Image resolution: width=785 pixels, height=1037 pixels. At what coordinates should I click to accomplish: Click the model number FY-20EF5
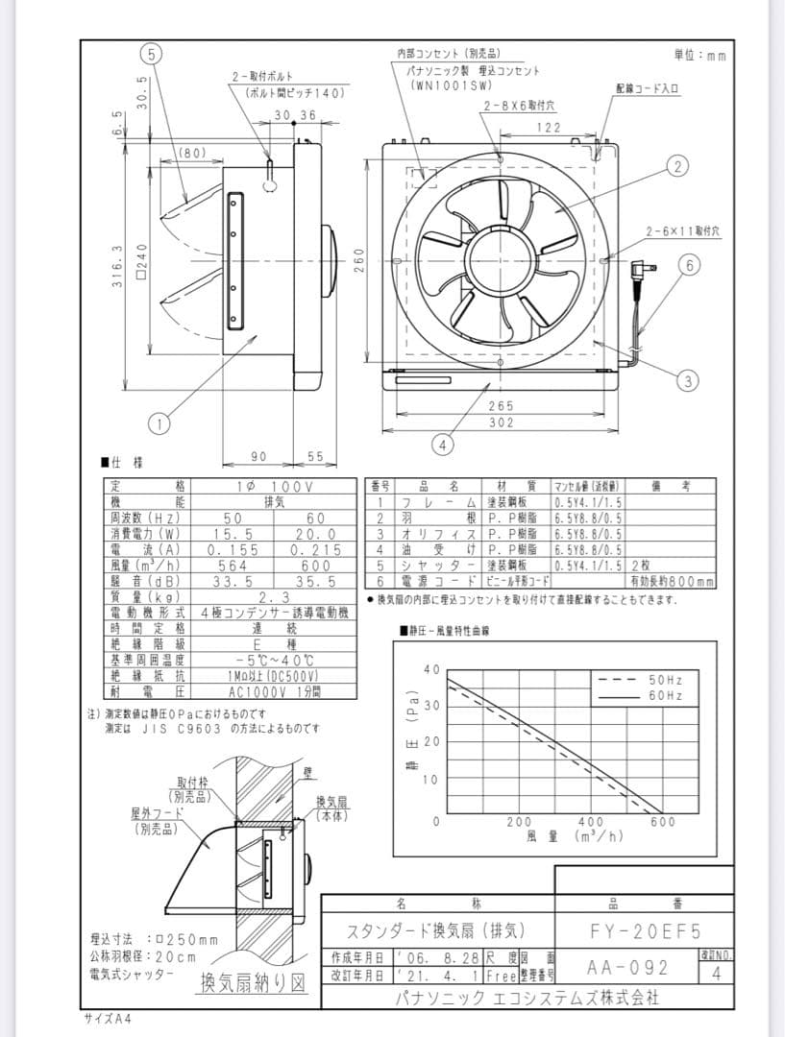(x=644, y=931)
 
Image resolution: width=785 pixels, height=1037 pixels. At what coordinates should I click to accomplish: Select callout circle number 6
(x=689, y=265)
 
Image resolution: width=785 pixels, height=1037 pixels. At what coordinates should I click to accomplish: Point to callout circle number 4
(x=441, y=445)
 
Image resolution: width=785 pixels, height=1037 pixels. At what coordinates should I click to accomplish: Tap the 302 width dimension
(x=501, y=422)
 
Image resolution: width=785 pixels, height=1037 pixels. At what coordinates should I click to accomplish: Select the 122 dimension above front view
(x=548, y=127)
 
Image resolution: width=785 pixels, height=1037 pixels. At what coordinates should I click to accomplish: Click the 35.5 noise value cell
(x=316, y=581)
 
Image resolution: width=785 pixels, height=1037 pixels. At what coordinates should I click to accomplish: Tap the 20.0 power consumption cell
(x=316, y=534)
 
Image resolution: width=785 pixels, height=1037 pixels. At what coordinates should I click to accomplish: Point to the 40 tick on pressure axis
(x=432, y=668)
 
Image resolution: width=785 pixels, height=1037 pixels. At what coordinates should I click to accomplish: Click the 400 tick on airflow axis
(x=591, y=822)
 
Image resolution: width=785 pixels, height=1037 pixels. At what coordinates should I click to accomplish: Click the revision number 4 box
(x=716, y=973)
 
